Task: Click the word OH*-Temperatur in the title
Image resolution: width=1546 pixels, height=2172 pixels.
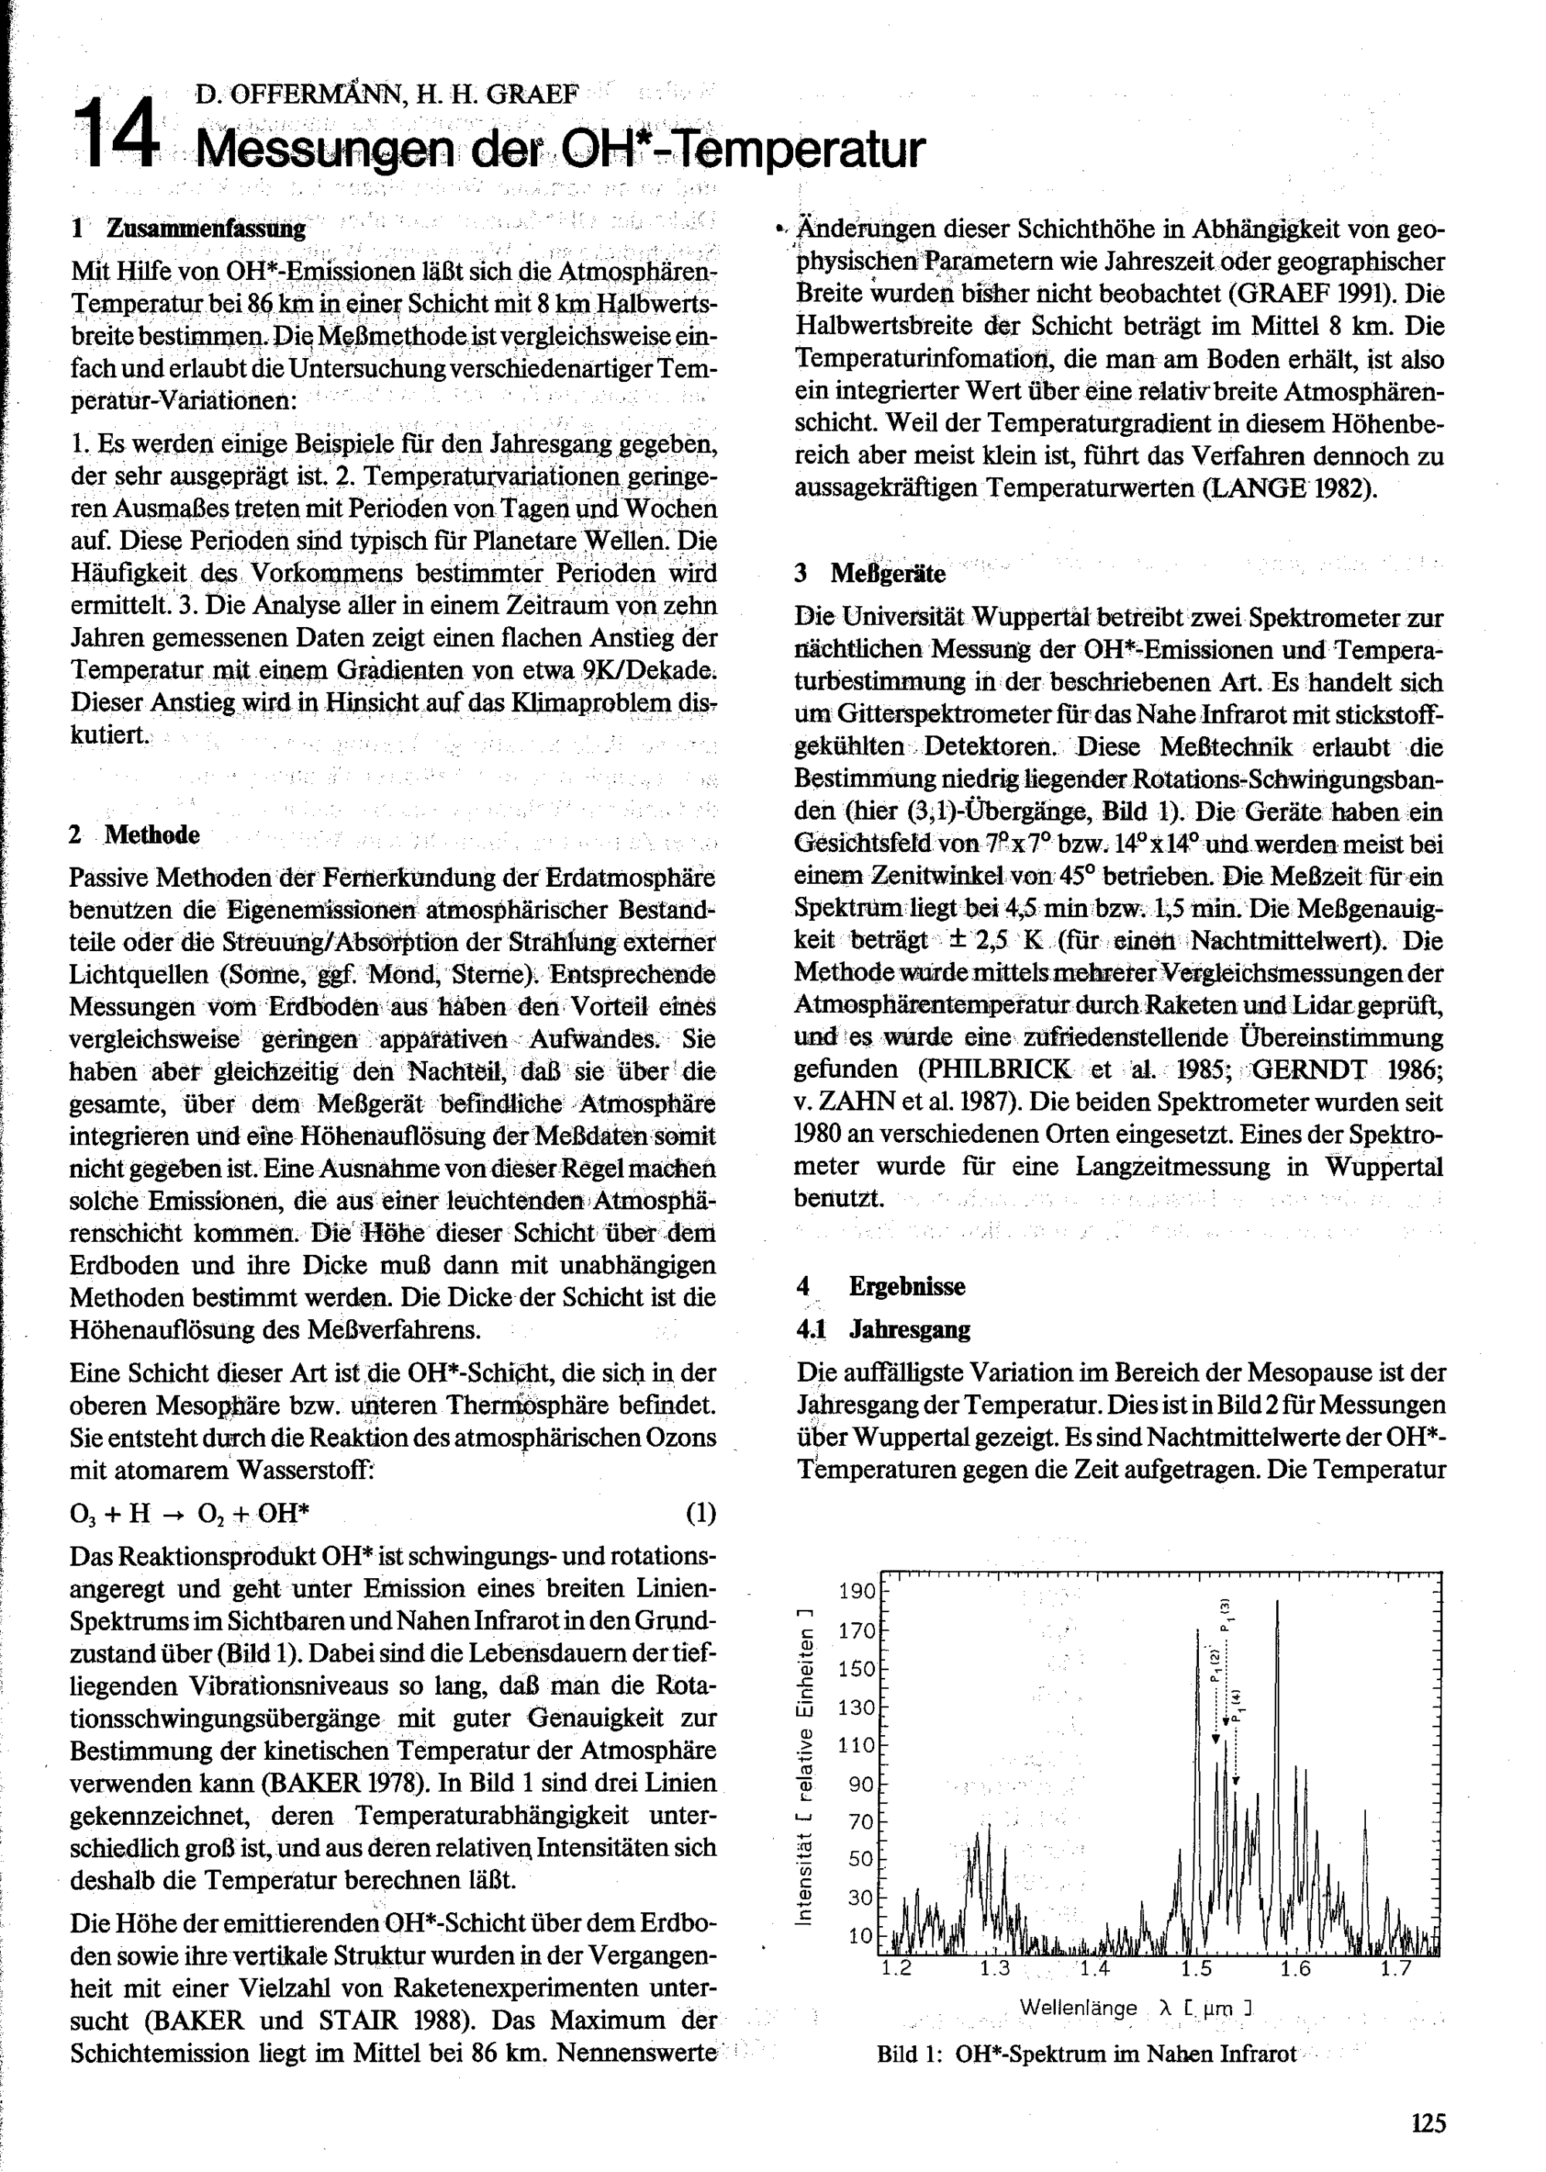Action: [743, 149]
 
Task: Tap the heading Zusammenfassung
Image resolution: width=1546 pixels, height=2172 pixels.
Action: [206, 229]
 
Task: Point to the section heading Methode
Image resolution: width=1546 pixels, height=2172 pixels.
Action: [152, 835]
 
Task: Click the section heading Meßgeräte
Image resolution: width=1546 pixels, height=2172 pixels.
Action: [888, 575]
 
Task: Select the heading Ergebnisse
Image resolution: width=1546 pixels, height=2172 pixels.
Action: [908, 1287]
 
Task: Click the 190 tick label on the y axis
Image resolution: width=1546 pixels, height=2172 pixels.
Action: [856, 1592]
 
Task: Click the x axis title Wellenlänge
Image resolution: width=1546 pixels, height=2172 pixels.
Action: [1078, 2008]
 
